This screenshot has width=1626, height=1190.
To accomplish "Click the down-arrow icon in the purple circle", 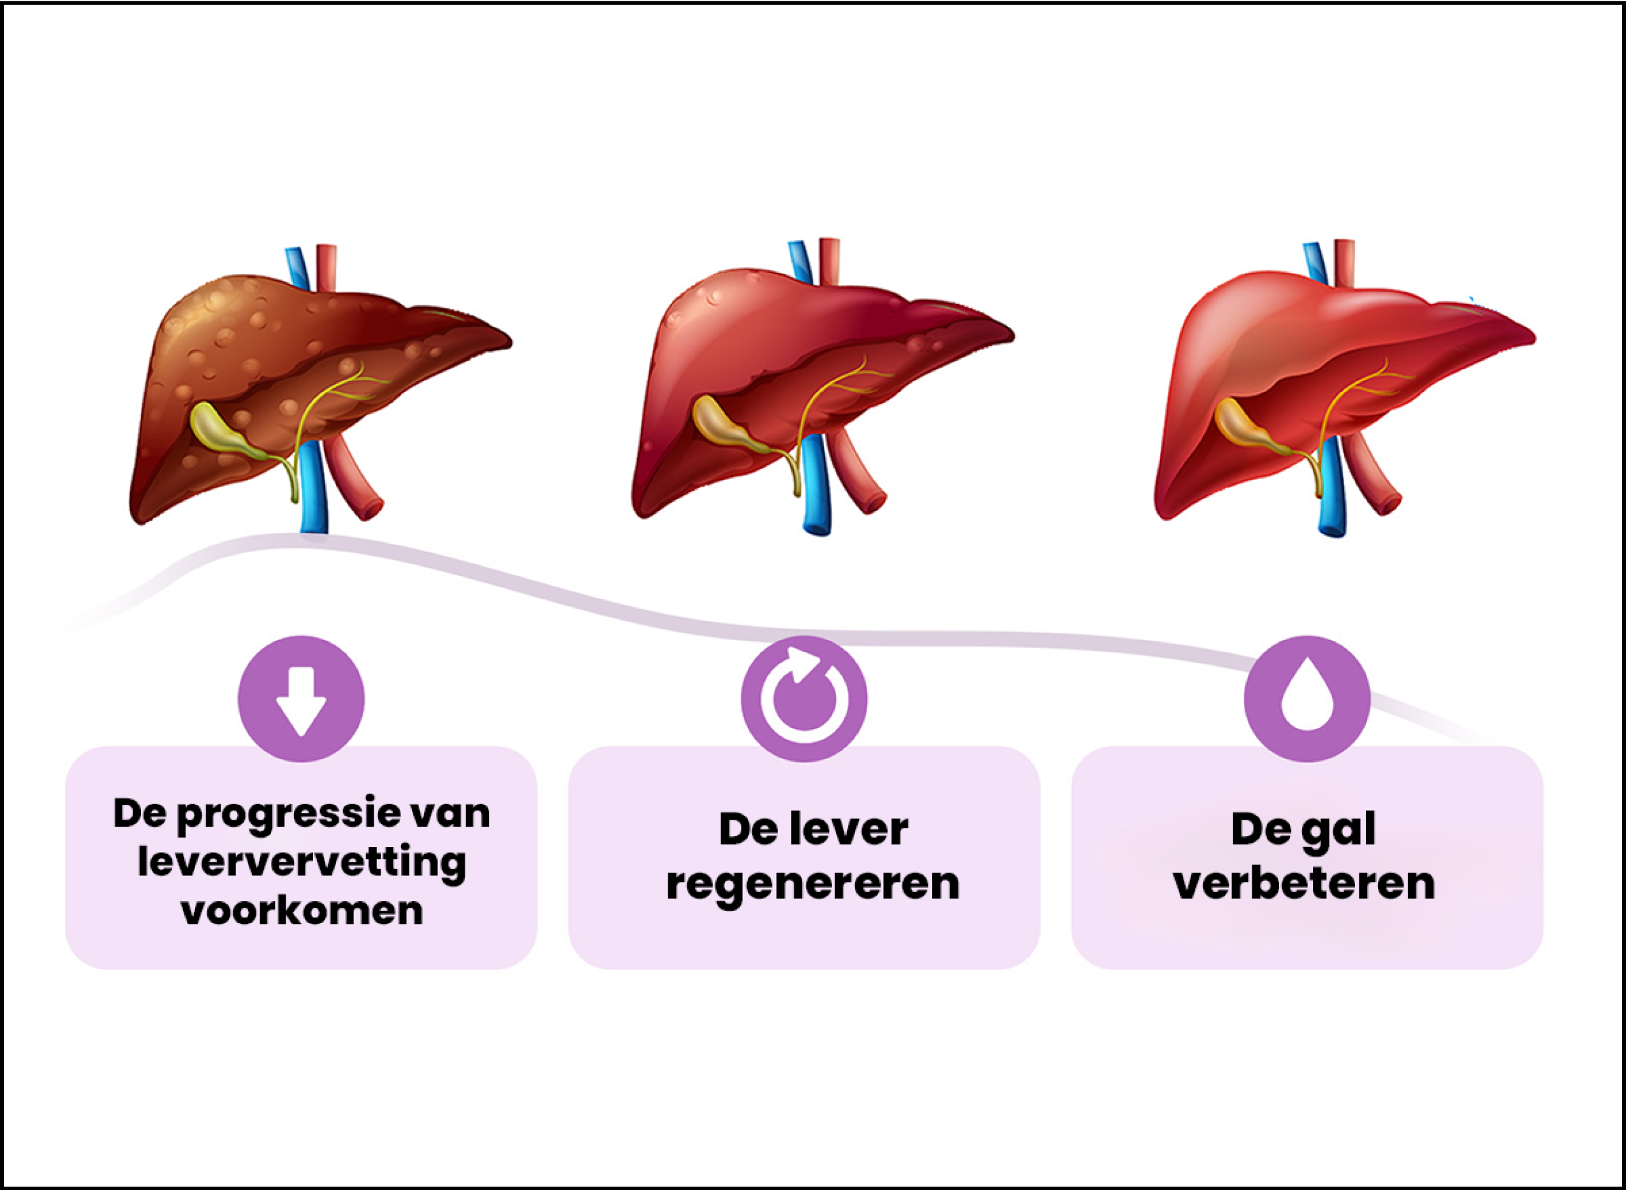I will pos(301,699).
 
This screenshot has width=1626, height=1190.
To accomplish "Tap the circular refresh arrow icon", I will pos(804,699).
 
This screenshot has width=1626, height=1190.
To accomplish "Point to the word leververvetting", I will pos(302,863).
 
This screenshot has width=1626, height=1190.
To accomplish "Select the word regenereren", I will pos(812,883).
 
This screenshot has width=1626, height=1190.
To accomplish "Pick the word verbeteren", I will pos(1305,883).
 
